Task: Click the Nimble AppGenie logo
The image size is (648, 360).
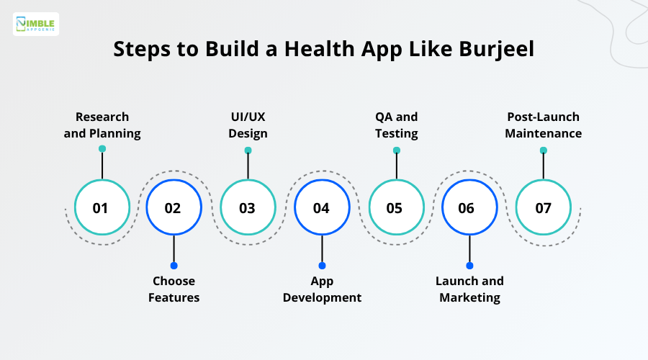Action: [x=36, y=24]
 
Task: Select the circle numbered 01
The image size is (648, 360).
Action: [x=102, y=208]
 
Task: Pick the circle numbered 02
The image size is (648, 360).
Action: [x=174, y=208]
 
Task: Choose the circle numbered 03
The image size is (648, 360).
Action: [x=248, y=208]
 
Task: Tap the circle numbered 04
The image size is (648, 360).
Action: [x=322, y=208]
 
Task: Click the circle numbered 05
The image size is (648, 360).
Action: [x=396, y=208]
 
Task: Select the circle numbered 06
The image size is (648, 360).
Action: [x=469, y=208]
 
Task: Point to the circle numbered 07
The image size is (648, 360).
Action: [x=543, y=208]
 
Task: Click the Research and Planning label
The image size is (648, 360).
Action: [x=102, y=125]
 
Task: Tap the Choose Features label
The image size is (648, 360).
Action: [x=174, y=289]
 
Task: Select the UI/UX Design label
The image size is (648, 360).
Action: [x=248, y=125]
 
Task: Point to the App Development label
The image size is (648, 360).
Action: [x=322, y=289]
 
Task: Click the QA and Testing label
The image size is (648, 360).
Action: [x=396, y=125]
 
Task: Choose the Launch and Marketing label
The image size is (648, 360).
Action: [x=469, y=289]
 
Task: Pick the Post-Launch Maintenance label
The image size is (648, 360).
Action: [x=543, y=125]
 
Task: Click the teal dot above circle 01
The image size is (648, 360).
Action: [x=102, y=149]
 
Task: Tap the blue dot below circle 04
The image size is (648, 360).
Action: [x=322, y=266]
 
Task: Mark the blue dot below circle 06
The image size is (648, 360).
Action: [x=469, y=266]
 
